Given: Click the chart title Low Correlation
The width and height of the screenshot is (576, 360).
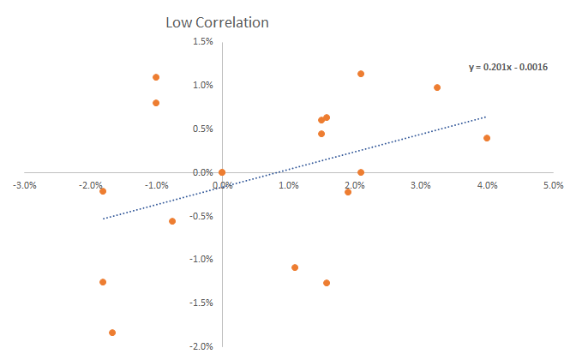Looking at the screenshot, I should (217, 22).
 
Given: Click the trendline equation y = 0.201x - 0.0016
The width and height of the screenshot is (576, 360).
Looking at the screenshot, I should (508, 67).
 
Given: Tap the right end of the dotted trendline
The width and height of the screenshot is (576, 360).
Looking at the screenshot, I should (486, 117).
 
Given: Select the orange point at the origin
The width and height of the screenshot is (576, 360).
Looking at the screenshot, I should (222, 172).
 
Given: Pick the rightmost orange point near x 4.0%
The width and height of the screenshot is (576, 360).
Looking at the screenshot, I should (487, 138).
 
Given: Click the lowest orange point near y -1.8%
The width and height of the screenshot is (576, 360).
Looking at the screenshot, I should (112, 333).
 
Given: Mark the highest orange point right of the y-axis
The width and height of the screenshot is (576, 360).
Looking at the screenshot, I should (361, 74).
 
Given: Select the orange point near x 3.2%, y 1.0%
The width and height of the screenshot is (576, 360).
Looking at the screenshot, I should (437, 87).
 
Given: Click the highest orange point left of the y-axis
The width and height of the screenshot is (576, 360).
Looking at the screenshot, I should (156, 77).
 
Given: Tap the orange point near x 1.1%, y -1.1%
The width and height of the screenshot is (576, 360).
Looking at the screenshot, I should (295, 267).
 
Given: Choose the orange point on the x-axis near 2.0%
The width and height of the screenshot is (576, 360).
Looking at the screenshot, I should (361, 172).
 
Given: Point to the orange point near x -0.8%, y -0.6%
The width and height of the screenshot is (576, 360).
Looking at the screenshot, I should (172, 221).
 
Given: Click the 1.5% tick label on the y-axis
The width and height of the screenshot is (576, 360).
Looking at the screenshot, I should (202, 42).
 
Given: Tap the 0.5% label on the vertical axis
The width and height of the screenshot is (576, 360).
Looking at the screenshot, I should (202, 129).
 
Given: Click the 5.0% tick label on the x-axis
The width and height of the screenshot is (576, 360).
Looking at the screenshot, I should (553, 185).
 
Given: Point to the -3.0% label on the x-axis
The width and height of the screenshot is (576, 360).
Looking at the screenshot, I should (26, 185).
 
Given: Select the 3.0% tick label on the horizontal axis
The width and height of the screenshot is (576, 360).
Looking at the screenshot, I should (421, 185).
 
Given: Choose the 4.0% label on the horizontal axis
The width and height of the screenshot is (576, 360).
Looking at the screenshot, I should (487, 185).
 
